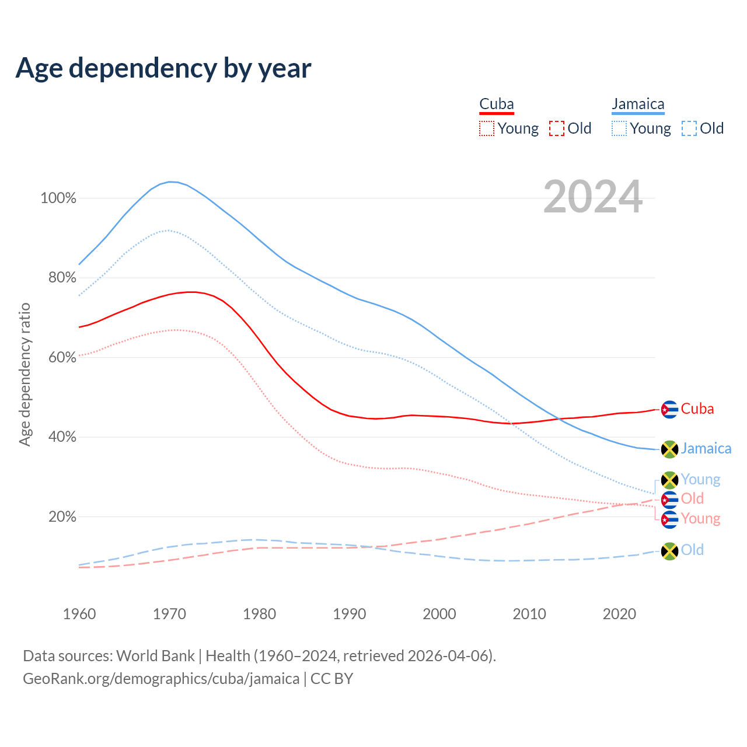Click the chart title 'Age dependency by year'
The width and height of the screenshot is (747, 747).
[x=163, y=68]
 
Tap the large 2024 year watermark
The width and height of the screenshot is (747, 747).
[x=593, y=197]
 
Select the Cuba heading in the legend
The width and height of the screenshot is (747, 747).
[x=497, y=104]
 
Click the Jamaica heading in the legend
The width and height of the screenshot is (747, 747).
[x=638, y=104]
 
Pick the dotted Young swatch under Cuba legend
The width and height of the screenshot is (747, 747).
[x=486, y=128]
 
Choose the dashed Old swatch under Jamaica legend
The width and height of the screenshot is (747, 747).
[x=689, y=128]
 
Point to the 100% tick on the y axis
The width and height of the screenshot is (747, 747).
[x=58, y=198]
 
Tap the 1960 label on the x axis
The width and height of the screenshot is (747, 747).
[x=79, y=614]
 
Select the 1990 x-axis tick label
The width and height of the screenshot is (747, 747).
[x=350, y=614]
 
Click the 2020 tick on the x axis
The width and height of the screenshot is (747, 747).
[x=619, y=614]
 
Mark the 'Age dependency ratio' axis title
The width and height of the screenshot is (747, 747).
[x=25, y=374]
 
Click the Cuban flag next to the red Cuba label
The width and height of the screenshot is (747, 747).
[x=669, y=410]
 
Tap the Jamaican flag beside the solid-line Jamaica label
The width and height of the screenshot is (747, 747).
[x=669, y=449]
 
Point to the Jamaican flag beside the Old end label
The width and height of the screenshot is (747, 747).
[x=669, y=551]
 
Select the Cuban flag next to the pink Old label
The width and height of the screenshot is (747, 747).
[x=669, y=500]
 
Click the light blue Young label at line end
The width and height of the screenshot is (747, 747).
[x=700, y=480]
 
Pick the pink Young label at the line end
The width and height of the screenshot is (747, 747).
[x=700, y=519]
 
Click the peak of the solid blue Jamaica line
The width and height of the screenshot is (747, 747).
[x=170, y=181]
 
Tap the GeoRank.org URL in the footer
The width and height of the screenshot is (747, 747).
[x=161, y=679]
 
